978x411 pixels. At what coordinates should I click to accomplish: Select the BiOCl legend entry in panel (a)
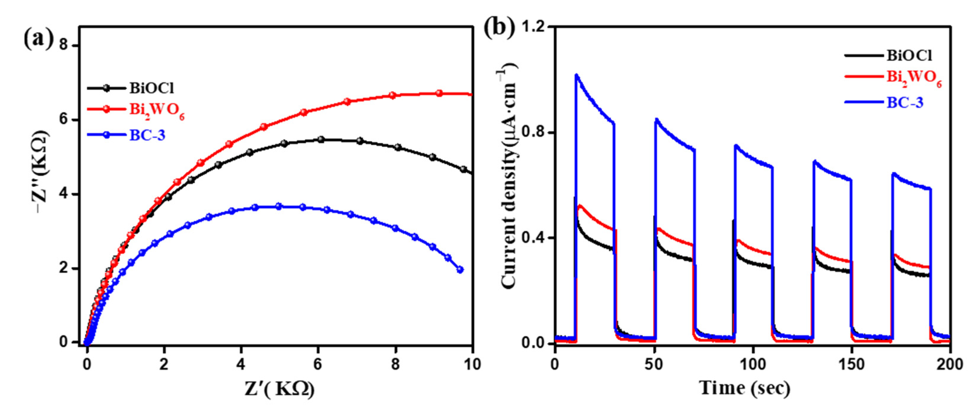[x=151, y=88]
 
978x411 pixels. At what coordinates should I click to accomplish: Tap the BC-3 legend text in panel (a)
[x=147, y=135]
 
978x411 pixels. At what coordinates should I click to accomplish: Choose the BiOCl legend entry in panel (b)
[x=909, y=55]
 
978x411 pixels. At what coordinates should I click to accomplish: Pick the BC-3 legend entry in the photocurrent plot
[x=905, y=103]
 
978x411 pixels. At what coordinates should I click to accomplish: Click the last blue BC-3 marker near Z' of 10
[x=460, y=270]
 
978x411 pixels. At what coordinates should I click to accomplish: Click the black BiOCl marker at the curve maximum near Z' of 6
[x=321, y=140]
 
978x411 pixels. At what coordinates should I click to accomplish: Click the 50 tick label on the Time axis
[x=653, y=365]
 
